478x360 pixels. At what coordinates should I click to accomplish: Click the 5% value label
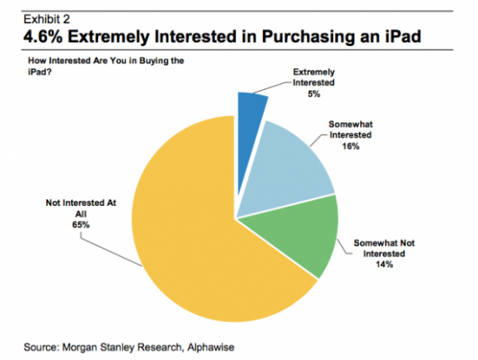(314, 94)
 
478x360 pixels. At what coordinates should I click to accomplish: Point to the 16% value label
(350, 147)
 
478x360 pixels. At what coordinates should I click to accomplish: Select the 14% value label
(384, 264)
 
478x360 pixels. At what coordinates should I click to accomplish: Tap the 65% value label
(81, 225)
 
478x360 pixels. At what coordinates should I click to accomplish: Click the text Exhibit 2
(47, 19)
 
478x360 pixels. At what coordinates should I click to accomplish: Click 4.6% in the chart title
(43, 36)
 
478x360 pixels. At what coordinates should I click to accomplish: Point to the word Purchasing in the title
(308, 37)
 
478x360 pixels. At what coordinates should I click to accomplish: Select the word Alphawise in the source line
(211, 347)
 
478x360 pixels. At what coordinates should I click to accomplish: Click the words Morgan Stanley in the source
(99, 348)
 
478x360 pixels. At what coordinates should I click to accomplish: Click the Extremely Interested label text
(314, 77)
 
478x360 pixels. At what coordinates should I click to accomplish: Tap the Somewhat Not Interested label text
(384, 249)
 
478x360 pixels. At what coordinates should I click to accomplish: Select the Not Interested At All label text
(81, 208)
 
